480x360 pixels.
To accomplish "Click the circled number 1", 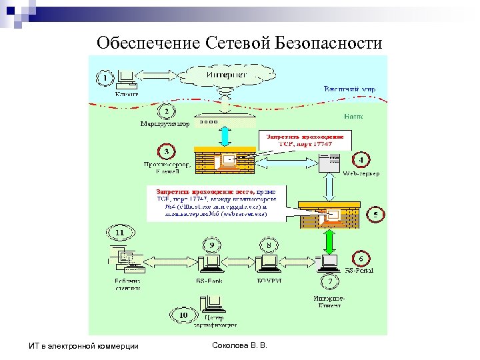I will (105, 79).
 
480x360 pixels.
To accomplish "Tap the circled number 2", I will (166, 110).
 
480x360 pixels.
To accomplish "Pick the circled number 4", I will (361, 160).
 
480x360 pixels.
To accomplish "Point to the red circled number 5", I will (376, 215).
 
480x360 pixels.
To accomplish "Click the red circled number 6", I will (361, 258).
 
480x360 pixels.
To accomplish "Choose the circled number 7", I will (329, 283).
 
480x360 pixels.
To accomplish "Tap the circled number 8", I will (269, 245).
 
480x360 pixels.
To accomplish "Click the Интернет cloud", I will (225, 75).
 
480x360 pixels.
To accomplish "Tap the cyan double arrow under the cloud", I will (225, 135).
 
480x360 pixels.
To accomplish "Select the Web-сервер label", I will (361, 174).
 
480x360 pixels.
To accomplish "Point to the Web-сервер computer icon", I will (329, 162).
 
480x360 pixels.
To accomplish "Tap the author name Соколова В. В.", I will (238, 345).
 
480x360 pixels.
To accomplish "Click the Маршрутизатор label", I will (165, 123).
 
